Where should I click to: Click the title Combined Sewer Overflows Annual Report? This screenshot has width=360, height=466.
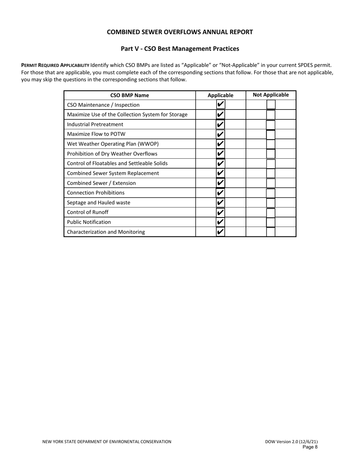tap(180, 32)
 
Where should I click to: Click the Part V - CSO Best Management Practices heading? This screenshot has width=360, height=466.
tap(180, 49)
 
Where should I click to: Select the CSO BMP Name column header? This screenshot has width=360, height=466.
tap(130, 95)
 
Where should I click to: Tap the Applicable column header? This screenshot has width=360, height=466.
tap(221, 95)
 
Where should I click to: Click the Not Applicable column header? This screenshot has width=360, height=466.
tap(271, 95)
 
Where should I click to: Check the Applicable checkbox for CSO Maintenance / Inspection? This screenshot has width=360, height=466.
tap(221, 105)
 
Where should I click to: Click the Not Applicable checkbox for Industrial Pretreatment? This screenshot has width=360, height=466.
tap(271, 124)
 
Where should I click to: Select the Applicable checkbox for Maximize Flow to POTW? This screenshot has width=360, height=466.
tap(221, 134)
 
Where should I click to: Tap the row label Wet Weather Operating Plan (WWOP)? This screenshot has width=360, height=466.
tap(113, 144)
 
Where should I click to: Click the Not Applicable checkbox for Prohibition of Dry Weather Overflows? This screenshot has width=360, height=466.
tap(271, 154)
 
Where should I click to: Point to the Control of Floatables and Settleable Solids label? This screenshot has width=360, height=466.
tap(117, 163)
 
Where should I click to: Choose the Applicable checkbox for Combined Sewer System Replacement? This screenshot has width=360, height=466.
tap(221, 173)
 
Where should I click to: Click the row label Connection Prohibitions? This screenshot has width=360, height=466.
tap(95, 193)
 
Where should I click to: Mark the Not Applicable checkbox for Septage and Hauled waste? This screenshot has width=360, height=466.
tap(271, 203)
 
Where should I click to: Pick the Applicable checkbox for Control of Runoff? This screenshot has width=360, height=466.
tap(221, 213)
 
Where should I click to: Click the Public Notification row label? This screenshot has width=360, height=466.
tap(89, 222)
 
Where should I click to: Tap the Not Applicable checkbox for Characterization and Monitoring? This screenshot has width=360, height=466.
tap(271, 232)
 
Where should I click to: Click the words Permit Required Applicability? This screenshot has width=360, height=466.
tap(55, 65)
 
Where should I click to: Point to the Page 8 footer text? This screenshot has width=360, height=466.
tap(310, 447)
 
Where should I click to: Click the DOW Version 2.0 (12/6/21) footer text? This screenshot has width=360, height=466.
tap(291, 442)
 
